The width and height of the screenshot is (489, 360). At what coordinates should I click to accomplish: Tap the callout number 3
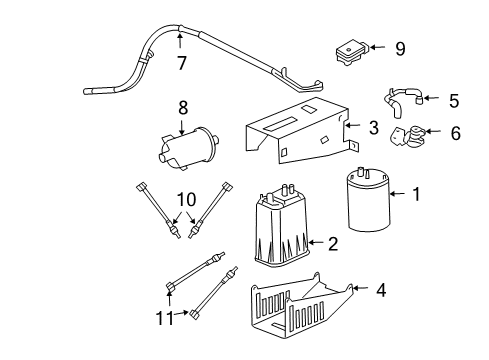[372, 127]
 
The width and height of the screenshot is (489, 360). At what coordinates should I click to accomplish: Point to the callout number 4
[381, 292]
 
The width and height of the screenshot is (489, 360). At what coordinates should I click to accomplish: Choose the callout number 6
[456, 132]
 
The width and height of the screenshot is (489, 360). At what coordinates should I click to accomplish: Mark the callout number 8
[182, 107]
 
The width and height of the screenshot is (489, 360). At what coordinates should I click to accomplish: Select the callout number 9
[399, 47]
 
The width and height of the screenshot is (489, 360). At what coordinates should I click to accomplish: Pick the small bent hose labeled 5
[401, 101]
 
